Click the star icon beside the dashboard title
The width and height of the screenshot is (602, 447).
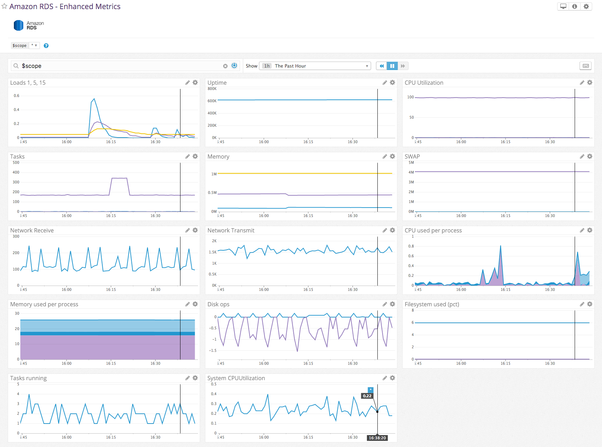4,6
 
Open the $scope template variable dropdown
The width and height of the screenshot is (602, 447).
34,46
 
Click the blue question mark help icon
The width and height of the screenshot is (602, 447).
46,46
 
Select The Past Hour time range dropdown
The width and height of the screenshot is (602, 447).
315,66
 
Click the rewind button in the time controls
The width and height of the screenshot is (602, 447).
381,66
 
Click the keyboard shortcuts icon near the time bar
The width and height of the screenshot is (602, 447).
585,66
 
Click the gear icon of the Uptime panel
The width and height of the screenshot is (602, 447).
392,83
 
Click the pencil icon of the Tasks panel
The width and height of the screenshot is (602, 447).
187,156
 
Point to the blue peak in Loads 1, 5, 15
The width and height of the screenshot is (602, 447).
94,99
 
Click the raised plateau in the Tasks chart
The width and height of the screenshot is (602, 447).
119,178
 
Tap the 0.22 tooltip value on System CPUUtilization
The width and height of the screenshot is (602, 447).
367,396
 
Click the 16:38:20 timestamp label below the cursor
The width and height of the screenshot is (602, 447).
377,438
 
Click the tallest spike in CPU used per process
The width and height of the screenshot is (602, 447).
500,246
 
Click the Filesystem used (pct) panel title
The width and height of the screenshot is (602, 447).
432,304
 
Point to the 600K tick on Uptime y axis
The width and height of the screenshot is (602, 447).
212,101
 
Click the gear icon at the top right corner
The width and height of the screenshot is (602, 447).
586,6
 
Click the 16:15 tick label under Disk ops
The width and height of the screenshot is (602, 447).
308,363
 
